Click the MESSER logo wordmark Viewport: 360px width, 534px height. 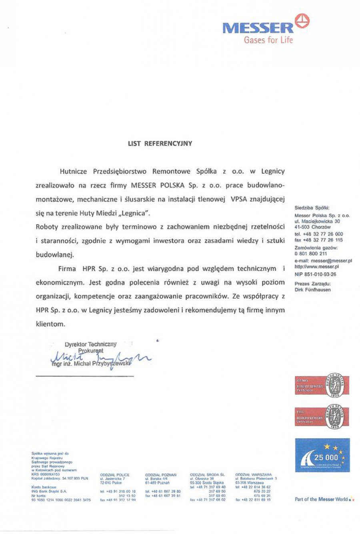pyautogui.click(x=258, y=28)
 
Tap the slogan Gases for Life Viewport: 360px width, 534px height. pyautogui.click(x=268, y=40)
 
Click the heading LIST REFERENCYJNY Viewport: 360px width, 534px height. pyautogui.click(x=160, y=143)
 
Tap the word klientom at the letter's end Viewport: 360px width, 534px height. pyautogui.click(x=50, y=324)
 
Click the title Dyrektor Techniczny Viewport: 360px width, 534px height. pyautogui.click(x=90, y=344)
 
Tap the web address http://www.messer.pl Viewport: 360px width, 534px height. pyautogui.click(x=317, y=266)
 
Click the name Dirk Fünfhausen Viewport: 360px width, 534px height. pyautogui.click(x=312, y=290)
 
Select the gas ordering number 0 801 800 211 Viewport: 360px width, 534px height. pyautogui.click(x=310, y=254)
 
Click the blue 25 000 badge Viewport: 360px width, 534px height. pyautogui.click(x=322, y=455)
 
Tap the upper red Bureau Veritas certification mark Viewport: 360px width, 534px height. pyautogui.click(x=322, y=386)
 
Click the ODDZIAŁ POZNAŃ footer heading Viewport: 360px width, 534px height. pyautogui.click(x=160, y=474)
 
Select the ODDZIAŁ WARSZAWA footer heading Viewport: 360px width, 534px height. pyautogui.click(x=253, y=474)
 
